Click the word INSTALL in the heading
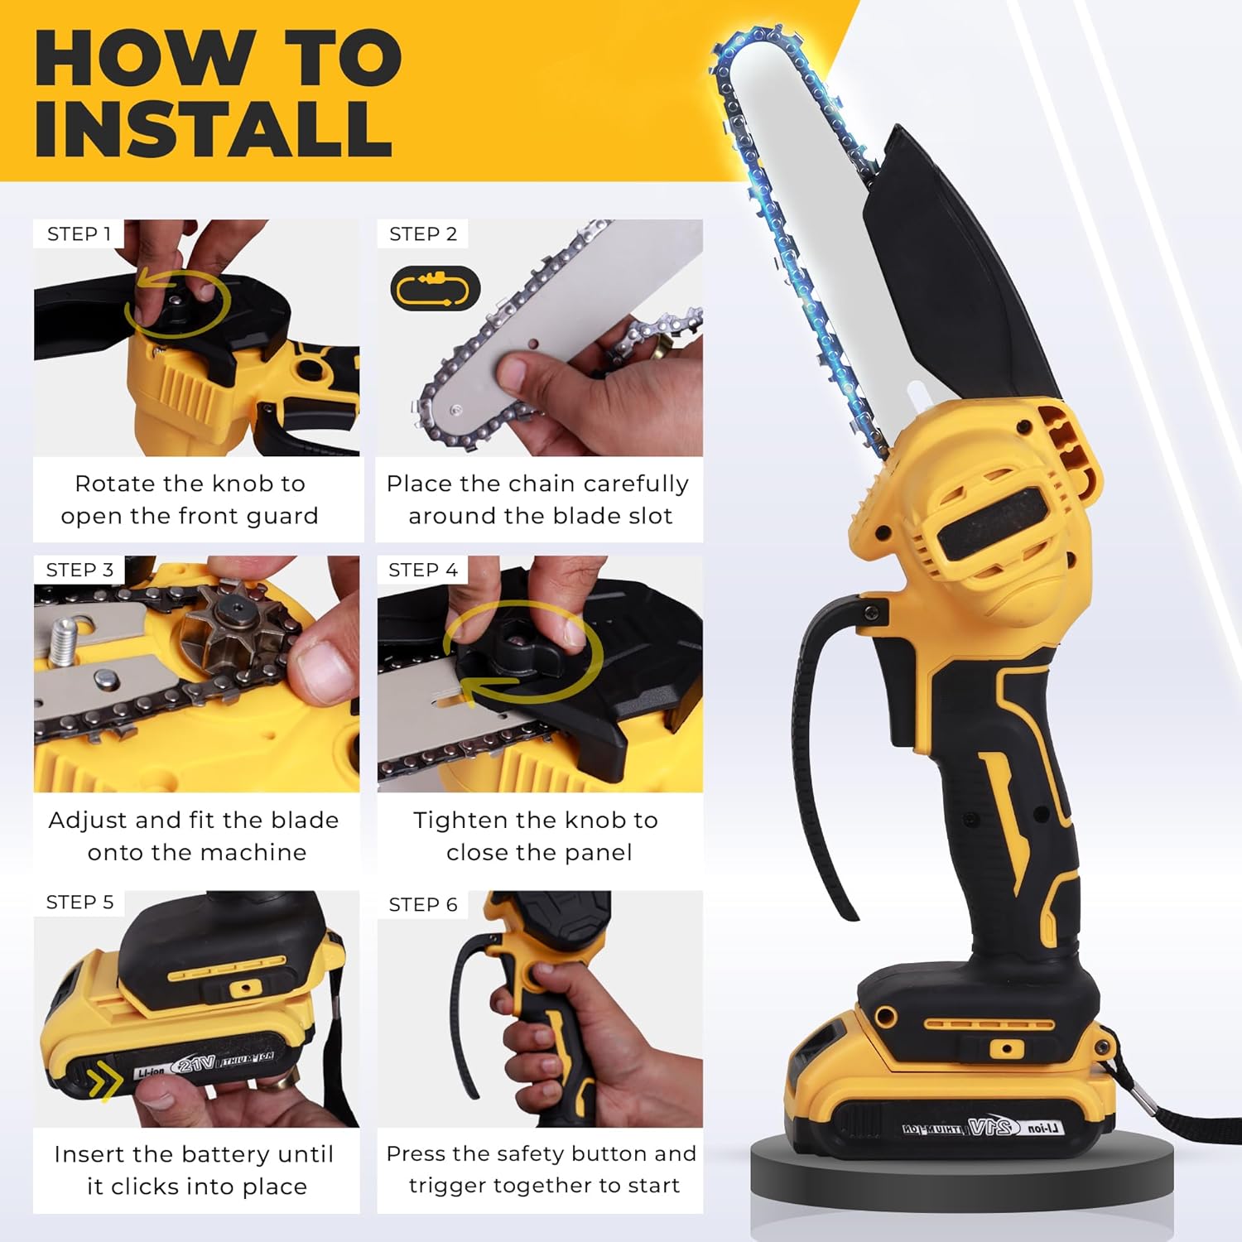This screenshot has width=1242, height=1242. (213, 129)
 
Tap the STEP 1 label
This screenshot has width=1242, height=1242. (79, 234)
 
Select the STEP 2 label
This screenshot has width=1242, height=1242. (423, 234)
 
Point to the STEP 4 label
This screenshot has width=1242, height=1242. (423, 570)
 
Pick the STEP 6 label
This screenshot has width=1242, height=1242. (423, 904)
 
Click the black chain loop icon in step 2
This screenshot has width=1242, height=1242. (435, 289)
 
